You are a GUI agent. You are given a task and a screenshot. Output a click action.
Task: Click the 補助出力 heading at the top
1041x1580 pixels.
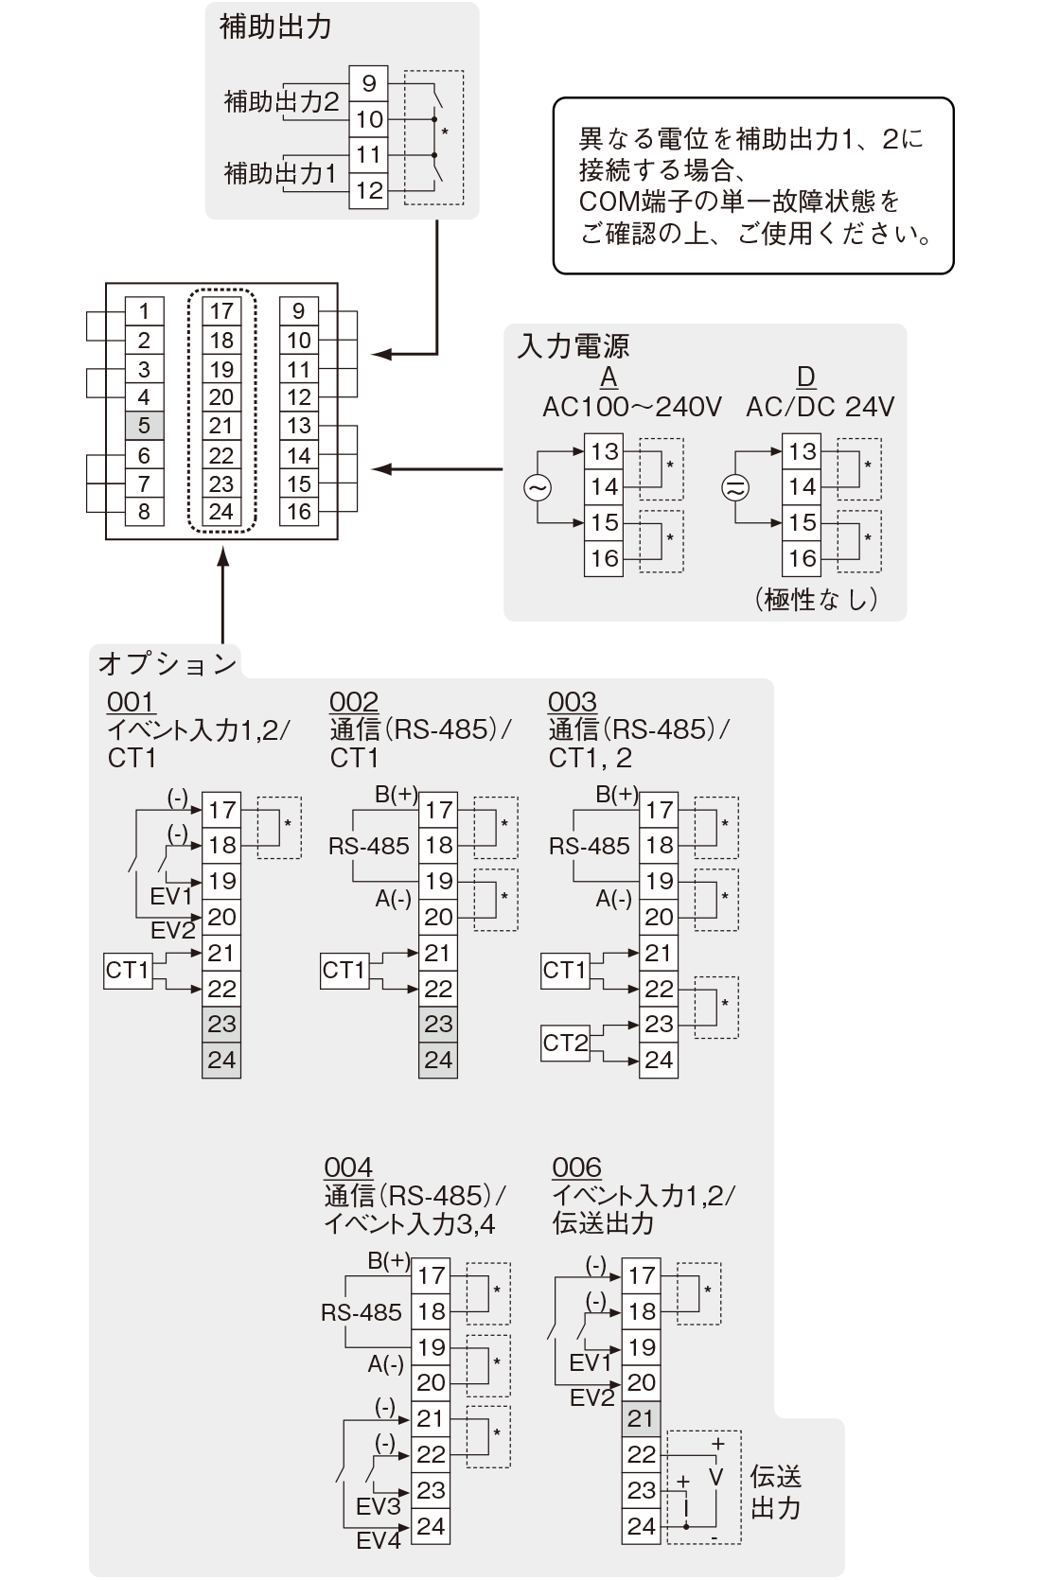pyautogui.click(x=275, y=26)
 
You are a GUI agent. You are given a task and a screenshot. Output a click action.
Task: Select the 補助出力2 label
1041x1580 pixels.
pyautogui.click(x=282, y=101)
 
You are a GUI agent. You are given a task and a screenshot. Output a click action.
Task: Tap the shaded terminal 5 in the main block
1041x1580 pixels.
pyautogui.click(x=144, y=426)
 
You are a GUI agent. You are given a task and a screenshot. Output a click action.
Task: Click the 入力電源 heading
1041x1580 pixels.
pyautogui.click(x=573, y=345)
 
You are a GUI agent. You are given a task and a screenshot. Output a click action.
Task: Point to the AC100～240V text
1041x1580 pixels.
pyautogui.click(x=631, y=407)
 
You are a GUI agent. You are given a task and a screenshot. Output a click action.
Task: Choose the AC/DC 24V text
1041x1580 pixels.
pyautogui.click(x=820, y=407)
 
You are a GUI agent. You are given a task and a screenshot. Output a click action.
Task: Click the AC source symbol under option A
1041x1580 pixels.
pyautogui.click(x=538, y=488)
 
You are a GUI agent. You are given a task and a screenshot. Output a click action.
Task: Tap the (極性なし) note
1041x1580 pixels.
pyautogui.click(x=816, y=599)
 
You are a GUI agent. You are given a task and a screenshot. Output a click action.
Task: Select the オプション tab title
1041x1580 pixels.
pyautogui.click(x=167, y=664)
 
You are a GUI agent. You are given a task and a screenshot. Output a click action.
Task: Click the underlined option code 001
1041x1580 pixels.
pyautogui.click(x=131, y=702)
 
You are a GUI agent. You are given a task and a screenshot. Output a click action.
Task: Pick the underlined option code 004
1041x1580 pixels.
pyautogui.click(x=348, y=1167)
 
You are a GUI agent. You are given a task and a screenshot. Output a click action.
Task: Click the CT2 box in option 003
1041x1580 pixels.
pyautogui.click(x=565, y=1043)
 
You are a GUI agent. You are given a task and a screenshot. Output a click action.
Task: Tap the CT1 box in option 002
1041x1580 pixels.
pyautogui.click(x=344, y=971)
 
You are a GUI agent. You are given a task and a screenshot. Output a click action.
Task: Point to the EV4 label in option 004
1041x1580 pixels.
pyautogui.click(x=379, y=1541)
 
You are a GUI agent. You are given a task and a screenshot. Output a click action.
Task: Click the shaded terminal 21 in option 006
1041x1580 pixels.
pyautogui.click(x=641, y=1418)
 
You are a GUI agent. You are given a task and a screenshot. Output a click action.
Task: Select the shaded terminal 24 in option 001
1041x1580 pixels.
pyautogui.click(x=221, y=1060)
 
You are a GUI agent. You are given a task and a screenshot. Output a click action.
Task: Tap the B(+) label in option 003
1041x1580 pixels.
pyautogui.click(x=617, y=794)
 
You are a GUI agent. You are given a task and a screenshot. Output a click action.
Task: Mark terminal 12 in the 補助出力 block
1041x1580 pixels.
pyautogui.click(x=368, y=190)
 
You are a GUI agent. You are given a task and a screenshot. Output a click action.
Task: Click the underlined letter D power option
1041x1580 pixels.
pyautogui.click(x=806, y=377)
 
